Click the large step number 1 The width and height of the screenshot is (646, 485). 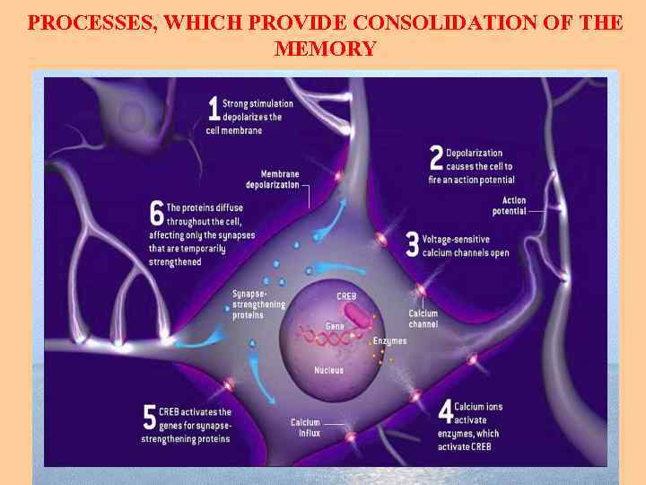point(214,110)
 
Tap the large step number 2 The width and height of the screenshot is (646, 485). point(436,159)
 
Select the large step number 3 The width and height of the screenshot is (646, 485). point(413,245)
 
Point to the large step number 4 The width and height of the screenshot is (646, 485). point(445,412)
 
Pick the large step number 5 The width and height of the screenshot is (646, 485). point(150,418)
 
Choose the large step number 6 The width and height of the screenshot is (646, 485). point(156,214)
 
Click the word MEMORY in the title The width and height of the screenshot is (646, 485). point(326,48)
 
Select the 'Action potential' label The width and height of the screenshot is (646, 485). point(509,206)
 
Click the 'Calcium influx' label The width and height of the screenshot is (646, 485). point(305,428)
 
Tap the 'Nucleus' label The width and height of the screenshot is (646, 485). point(328,370)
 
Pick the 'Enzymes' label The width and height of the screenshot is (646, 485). point(388,341)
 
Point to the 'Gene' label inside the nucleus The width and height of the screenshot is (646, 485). point(335,326)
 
